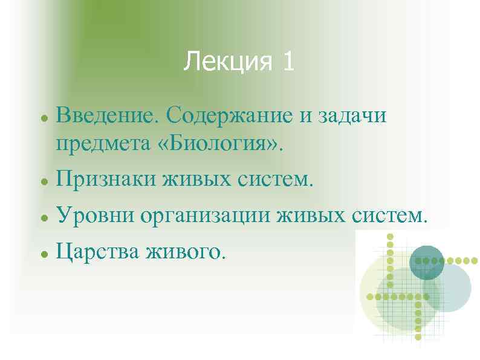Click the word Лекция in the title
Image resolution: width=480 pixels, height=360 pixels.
point(224,61)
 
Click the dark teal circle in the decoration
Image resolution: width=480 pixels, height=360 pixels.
point(427,262)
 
